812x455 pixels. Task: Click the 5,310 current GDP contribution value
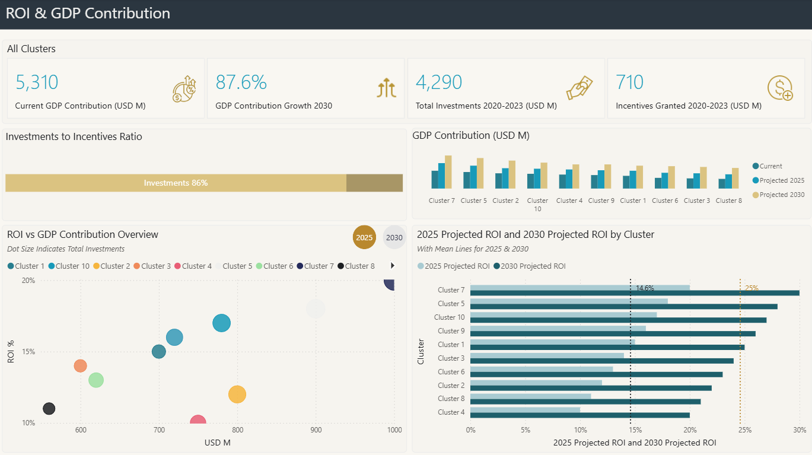pos(37,82)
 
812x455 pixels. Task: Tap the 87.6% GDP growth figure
pos(241,82)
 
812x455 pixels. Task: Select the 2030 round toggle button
pos(394,237)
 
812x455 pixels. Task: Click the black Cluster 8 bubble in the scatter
pos(49,409)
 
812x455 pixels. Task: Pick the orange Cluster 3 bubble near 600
pos(81,366)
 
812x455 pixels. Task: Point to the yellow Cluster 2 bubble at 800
pos(237,394)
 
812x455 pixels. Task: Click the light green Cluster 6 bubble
pos(96,380)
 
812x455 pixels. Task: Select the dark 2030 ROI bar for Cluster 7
pos(635,293)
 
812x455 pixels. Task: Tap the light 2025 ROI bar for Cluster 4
pos(525,409)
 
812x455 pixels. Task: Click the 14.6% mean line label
pos(645,288)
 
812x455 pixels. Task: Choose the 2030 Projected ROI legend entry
pos(533,266)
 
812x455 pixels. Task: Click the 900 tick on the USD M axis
pos(316,430)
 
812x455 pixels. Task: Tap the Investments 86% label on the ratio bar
pos(176,183)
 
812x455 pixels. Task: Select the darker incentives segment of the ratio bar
pos(374,183)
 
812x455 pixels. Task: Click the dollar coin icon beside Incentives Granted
pos(779,88)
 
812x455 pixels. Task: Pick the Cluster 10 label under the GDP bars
pos(537,205)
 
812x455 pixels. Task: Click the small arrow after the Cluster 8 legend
pos(392,266)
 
